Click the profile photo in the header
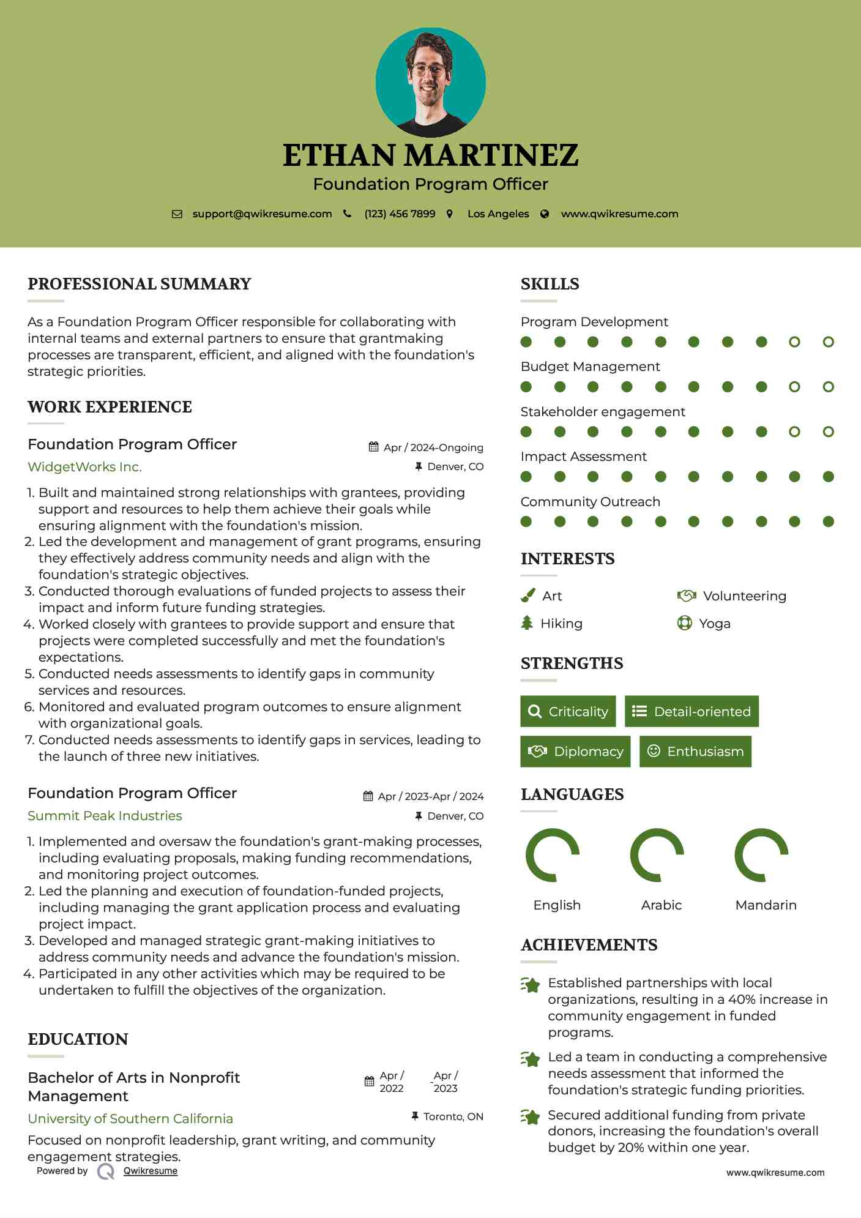430,82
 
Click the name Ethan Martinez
430,155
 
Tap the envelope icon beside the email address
177,214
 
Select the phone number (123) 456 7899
400,214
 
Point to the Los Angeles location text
498,214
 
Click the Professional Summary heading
140,284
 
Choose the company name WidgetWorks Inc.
84,467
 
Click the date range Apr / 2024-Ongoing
433,447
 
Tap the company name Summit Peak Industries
105,816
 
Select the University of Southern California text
130,1119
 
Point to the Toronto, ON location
453,1116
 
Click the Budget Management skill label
590,367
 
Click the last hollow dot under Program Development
828,342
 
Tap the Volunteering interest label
744,596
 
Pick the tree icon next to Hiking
527,623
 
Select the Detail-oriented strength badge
691,711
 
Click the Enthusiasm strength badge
695,752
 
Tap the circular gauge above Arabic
657,855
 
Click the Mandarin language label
766,905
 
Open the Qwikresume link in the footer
151,1171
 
